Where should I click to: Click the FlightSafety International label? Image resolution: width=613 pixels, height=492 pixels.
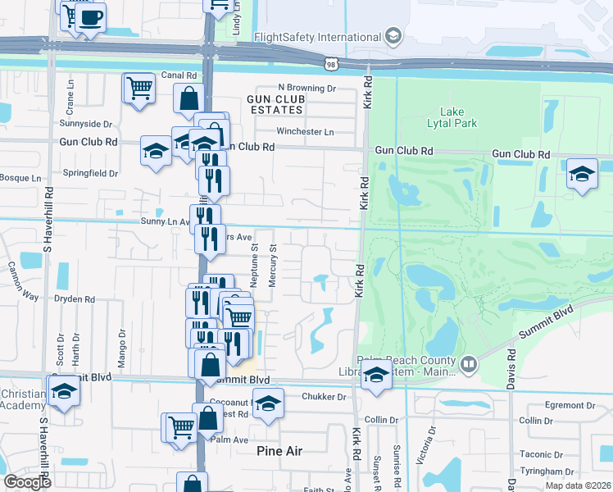[318, 37]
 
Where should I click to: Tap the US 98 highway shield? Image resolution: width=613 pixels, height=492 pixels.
[331, 63]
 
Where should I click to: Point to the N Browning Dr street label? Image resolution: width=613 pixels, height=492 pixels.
[307, 88]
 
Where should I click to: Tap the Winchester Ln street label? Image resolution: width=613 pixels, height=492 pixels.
[306, 132]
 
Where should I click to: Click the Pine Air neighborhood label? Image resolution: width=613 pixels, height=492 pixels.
[279, 451]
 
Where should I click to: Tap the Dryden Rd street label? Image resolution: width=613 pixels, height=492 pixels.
[75, 300]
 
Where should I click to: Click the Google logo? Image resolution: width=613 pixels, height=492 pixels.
[27, 481]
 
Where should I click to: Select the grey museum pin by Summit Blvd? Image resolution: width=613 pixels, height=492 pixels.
[469, 363]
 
